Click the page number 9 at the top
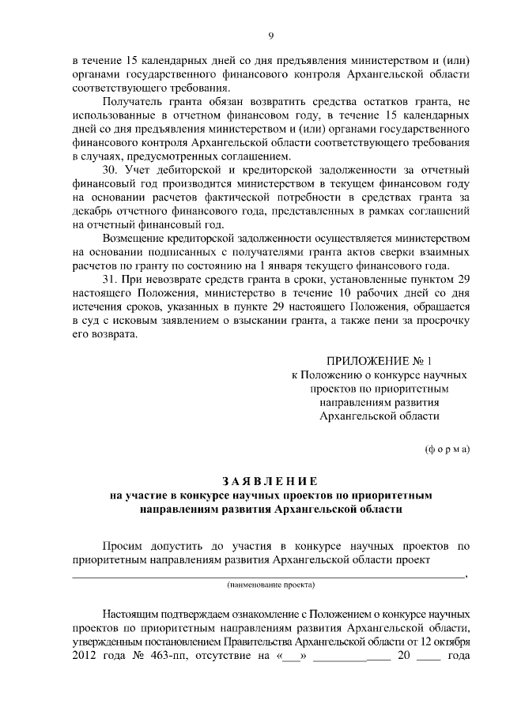point(270,36)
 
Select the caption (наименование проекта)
point(270,585)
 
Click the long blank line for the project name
point(269,577)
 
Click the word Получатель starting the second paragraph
point(132,103)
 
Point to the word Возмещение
point(136,238)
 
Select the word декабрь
point(93,210)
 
